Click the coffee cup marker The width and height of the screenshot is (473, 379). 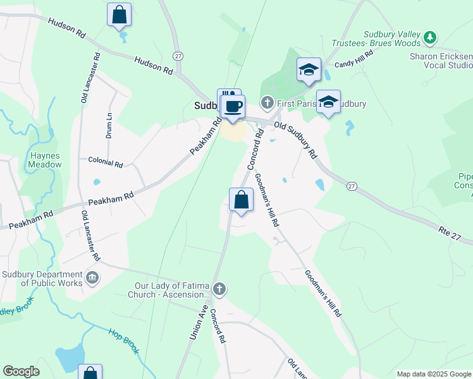233,106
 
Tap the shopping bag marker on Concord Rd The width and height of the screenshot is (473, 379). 241,200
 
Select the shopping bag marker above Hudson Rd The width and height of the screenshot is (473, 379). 119,15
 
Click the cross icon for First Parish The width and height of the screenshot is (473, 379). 267,102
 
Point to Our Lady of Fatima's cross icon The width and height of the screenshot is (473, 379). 219,289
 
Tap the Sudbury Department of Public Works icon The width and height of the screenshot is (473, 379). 92,279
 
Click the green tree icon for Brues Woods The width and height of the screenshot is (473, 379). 430,38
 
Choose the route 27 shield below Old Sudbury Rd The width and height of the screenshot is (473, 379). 352,186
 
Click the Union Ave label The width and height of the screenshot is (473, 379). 199,323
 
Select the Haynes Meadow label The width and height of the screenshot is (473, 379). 45,159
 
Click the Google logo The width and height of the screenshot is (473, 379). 21,371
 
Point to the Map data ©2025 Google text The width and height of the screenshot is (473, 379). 433,374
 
